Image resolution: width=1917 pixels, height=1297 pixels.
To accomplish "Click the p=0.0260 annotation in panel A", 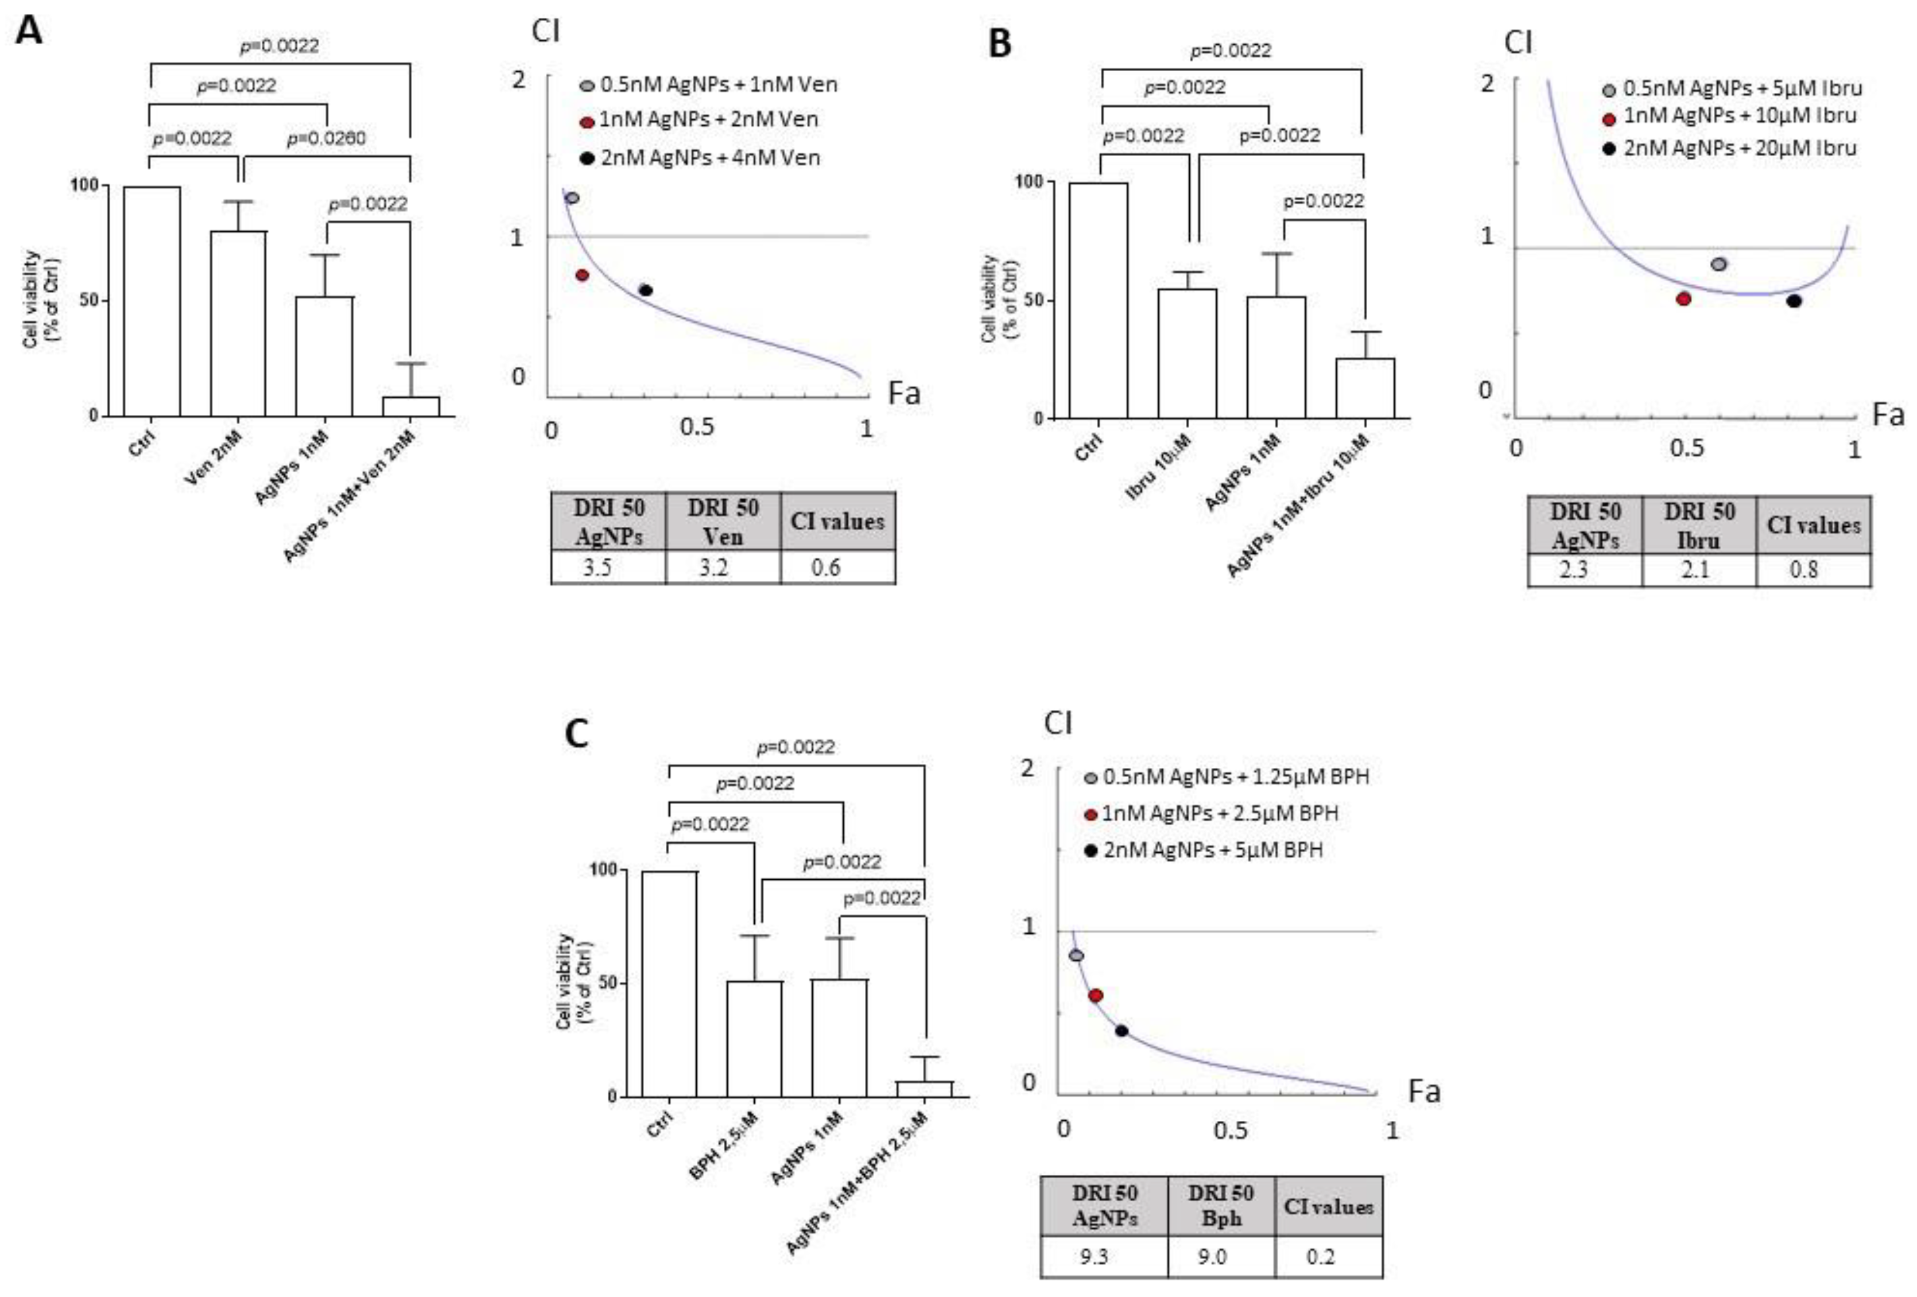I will [x=326, y=138].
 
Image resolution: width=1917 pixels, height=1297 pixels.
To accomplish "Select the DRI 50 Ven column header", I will [x=723, y=521].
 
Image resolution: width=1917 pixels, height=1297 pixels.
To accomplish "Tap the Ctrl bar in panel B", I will [x=1098, y=300].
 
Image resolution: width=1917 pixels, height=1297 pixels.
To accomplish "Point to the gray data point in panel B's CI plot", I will [x=1719, y=265].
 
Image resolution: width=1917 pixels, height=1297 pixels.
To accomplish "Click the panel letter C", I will [x=576, y=733].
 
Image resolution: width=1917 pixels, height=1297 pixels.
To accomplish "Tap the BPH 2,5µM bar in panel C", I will [x=754, y=1038].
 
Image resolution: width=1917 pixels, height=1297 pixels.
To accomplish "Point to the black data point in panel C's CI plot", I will [x=1121, y=1031].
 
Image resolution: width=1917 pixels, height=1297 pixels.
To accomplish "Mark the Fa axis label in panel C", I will [x=1424, y=1091].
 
